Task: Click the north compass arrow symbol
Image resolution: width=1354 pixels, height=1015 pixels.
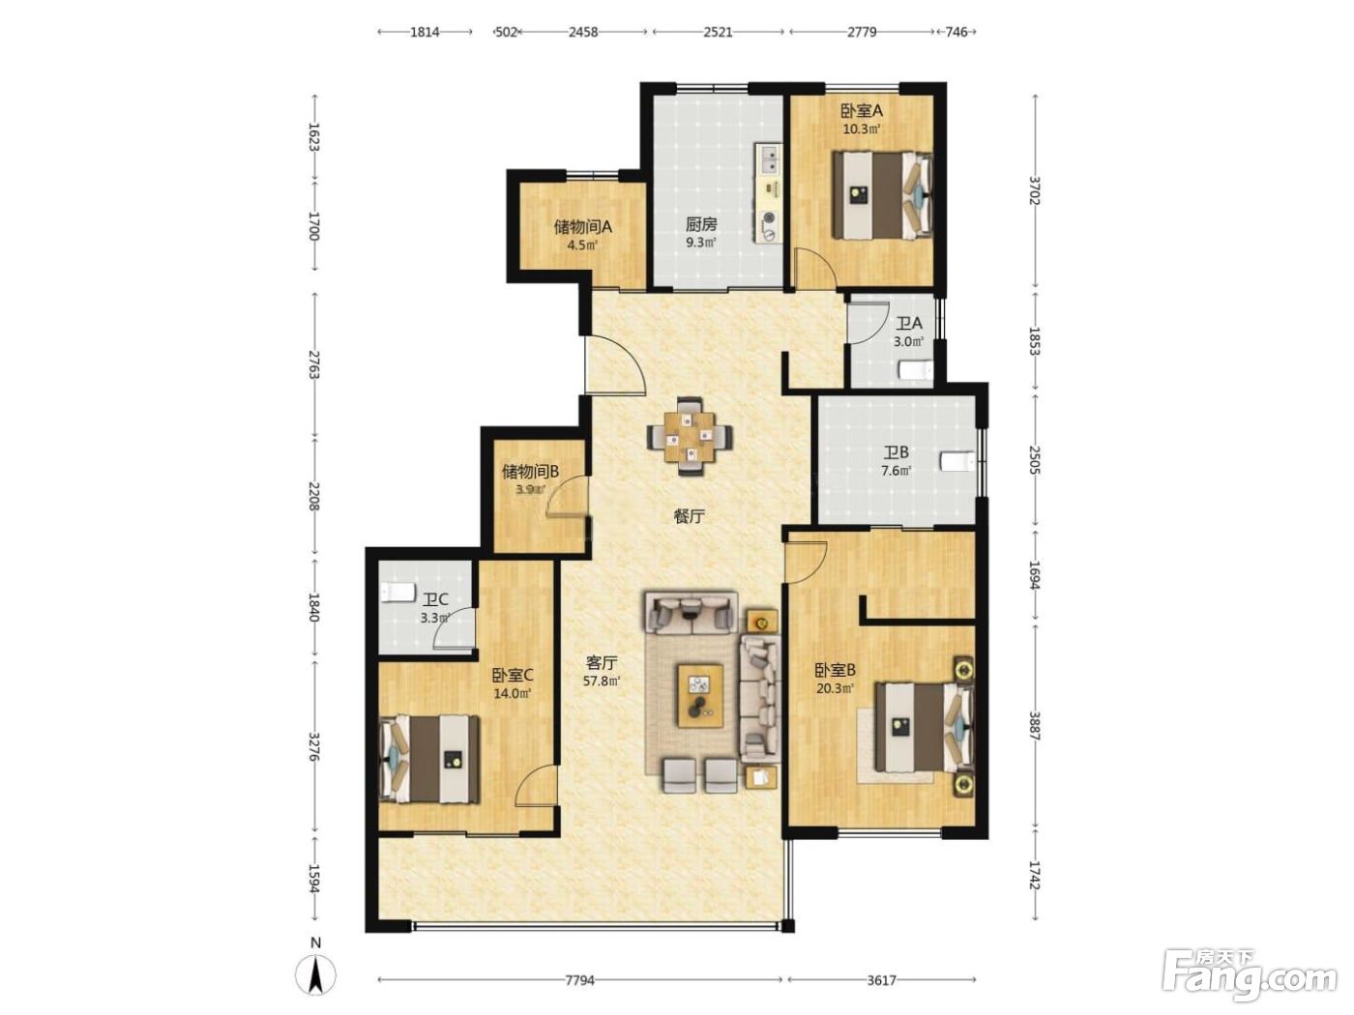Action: point(314,974)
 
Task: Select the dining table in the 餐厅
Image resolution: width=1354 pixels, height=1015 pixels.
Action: point(691,437)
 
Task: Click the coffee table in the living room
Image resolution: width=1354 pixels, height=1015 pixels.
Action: point(699,694)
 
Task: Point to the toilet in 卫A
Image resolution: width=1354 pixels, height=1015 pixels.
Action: point(915,370)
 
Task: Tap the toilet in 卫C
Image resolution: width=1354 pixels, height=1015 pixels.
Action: point(397,593)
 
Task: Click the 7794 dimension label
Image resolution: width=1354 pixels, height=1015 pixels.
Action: point(579,980)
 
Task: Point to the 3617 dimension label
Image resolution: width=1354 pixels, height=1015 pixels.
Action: point(881,980)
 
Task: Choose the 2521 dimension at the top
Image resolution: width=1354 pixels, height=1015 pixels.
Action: point(718,32)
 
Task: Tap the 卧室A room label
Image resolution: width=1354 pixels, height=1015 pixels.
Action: point(861,111)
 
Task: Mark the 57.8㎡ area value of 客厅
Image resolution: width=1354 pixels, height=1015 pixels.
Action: point(602,681)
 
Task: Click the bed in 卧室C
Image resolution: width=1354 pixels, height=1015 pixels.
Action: point(430,759)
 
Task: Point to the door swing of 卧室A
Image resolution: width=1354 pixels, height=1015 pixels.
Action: point(813,266)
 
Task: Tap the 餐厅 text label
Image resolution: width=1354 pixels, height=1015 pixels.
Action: point(689,516)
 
